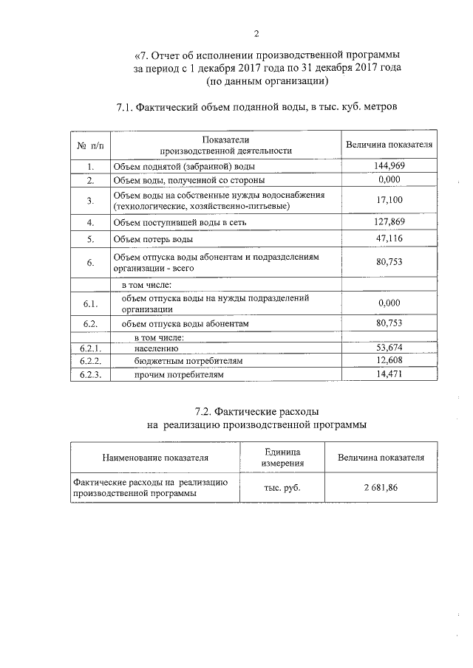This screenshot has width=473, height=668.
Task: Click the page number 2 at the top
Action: (x=256, y=32)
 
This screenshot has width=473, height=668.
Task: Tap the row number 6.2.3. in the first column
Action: (x=89, y=375)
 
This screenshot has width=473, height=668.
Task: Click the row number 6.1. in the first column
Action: (x=89, y=303)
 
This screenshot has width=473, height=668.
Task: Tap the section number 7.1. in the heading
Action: (x=130, y=107)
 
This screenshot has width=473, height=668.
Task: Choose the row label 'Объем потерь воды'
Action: (x=153, y=240)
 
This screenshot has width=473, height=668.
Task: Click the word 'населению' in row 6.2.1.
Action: (x=156, y=348)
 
